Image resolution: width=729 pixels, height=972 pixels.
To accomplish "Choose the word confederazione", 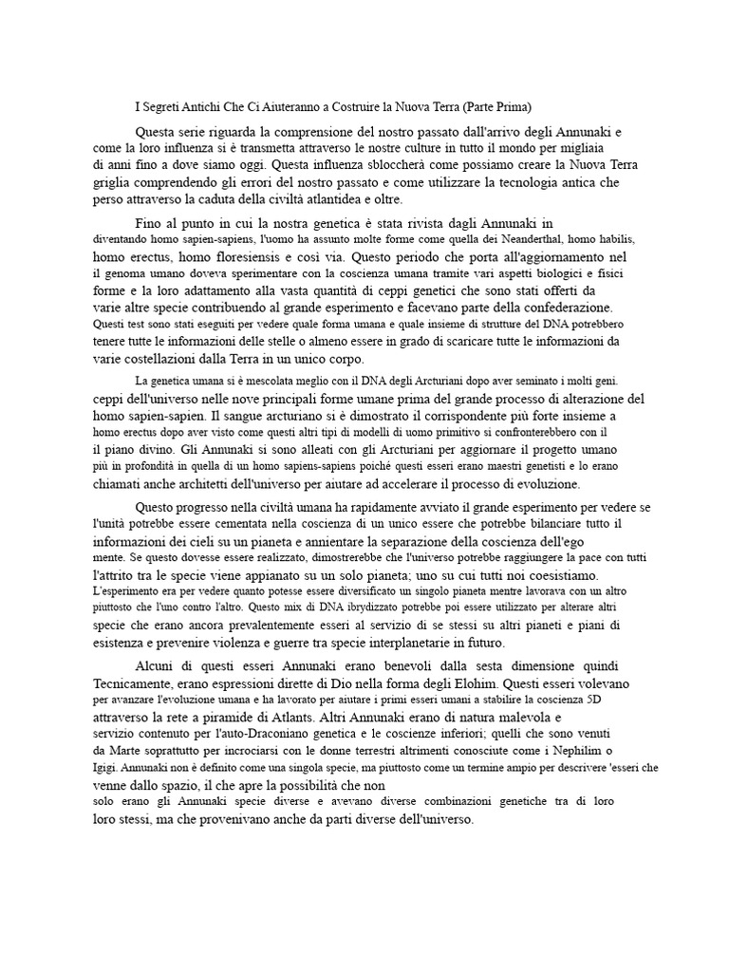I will (x=561, y=308).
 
